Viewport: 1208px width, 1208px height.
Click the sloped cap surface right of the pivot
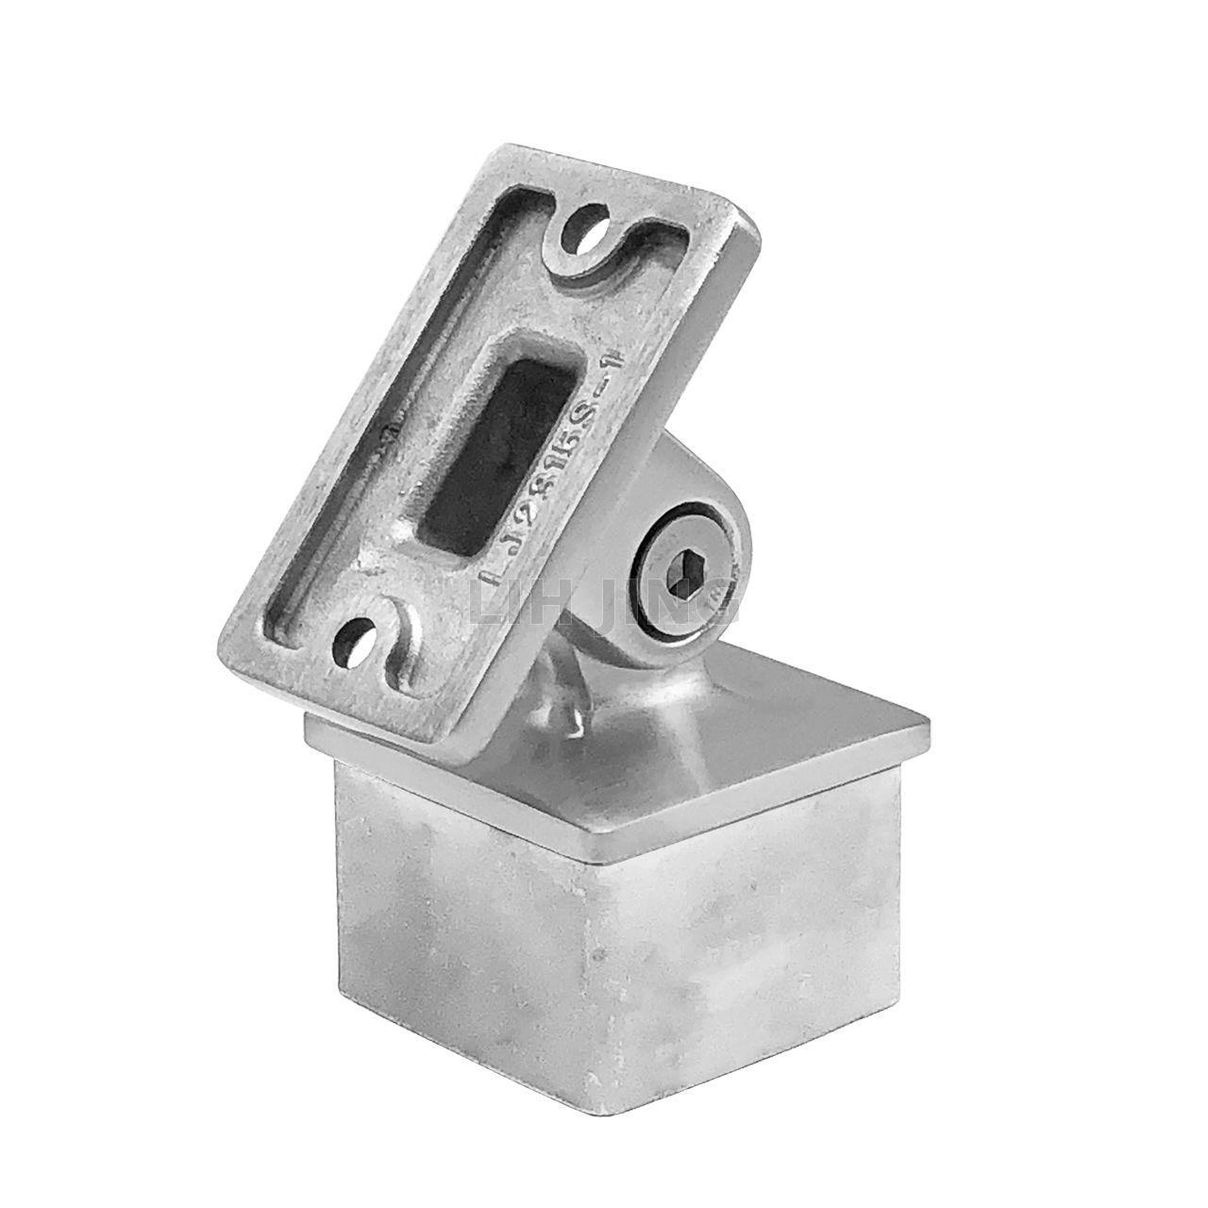pos(802,727)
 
